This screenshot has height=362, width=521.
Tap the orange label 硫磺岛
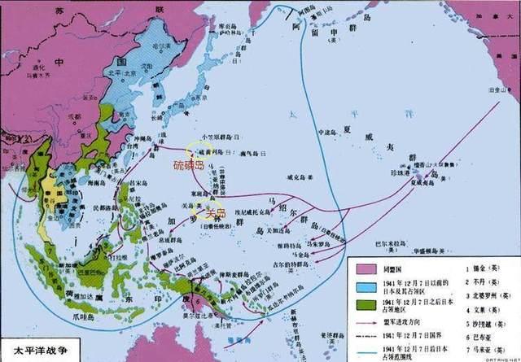click(190, 165)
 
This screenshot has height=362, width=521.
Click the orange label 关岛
click(217, 213)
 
